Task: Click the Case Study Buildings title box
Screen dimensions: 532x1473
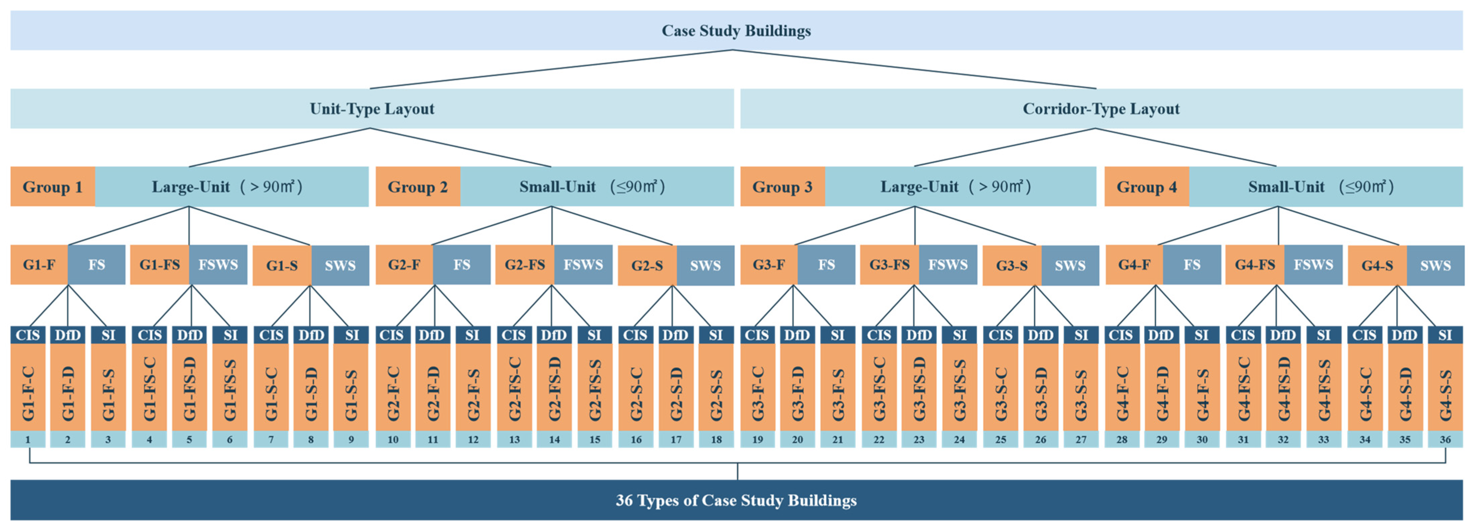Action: click(736, 30)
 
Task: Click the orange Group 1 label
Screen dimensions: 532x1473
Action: click(53, 187)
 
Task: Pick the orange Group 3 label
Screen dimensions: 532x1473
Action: click(782, 187)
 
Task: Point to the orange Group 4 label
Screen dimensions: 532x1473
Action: click(1146, 187)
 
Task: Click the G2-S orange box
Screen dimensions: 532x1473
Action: click(647, 265)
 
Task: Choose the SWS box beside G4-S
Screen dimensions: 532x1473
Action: click(1435, 265)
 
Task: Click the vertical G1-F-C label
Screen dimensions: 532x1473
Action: click(28, 393)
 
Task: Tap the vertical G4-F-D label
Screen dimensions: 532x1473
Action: click(1162, 393)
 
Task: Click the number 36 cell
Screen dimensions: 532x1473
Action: click(1445, 439)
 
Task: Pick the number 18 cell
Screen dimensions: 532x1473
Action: click(716, 439)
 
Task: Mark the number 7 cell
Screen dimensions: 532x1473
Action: click(271, 439)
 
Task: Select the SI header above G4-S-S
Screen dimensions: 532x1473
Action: click(1445, 335)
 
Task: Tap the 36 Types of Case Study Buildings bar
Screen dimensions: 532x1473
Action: click(736, 500)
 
